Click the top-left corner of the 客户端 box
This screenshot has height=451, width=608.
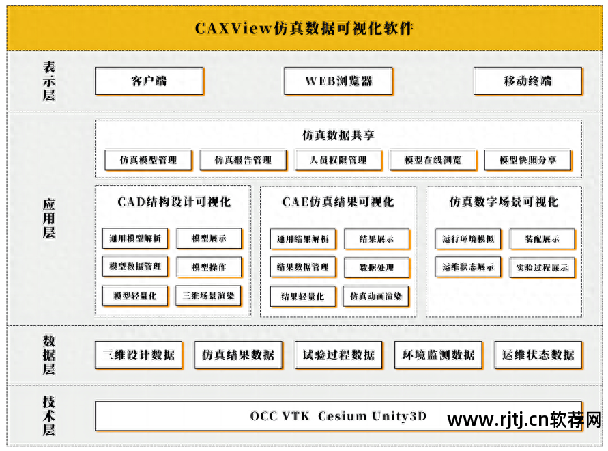(96, 68)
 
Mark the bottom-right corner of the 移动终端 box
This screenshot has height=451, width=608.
(582, 94)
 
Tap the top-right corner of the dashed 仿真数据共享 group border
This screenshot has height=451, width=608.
(581, 120)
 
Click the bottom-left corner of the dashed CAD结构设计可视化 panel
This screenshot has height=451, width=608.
(96, 316)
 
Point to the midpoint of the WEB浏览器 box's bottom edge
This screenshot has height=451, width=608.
(338, 94)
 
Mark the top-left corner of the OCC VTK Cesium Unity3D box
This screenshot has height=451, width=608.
(96, 402)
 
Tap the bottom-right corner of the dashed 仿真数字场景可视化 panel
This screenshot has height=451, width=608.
(581, 316)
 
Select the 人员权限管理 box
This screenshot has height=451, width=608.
(338, 160)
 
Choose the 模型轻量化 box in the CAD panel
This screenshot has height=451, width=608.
(135, 296)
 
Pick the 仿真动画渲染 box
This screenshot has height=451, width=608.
(376, 297)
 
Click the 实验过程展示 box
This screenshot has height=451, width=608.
(542, 267)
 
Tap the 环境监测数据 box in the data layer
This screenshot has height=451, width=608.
(438, 355)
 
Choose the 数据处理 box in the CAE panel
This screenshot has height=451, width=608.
(377, 267)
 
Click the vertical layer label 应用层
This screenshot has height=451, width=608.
(49, 218)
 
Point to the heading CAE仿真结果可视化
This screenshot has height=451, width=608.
(338, 202)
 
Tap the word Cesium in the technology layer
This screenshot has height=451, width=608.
(343, 416)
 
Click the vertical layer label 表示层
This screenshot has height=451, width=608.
(49, 81)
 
